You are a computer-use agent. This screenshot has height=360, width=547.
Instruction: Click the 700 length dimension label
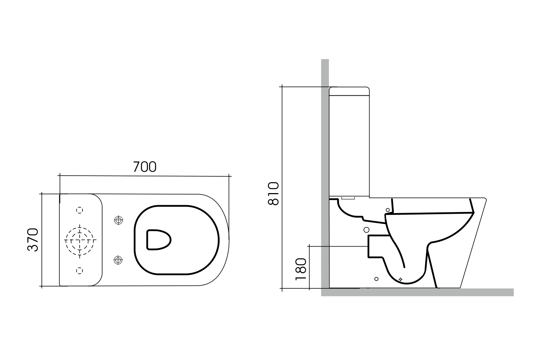click(145, 167)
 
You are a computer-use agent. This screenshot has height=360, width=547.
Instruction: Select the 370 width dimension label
click(33, 240)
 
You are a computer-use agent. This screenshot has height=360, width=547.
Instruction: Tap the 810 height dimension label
click(273, 193)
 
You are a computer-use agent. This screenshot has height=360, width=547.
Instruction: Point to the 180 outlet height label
click(301, 269)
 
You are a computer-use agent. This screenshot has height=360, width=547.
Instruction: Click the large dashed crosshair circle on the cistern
click(80, 240)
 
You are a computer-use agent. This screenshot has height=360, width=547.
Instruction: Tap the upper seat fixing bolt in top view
click(118, 220)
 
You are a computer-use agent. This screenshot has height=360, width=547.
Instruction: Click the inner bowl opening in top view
click(158, 240)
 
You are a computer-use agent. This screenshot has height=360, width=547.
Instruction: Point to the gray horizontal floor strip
click(418, 292)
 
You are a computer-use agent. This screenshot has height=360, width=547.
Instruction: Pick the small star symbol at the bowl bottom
click(401, 279)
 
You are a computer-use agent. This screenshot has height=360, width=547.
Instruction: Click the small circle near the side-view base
click(376, 279)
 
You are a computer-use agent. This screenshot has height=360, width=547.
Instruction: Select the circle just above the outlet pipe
click(366, 229)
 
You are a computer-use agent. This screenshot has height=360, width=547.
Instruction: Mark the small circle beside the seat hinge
click(388, 210)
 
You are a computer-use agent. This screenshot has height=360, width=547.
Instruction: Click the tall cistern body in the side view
click(349, 145)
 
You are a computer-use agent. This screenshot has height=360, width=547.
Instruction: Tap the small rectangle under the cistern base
click(348, 199)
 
